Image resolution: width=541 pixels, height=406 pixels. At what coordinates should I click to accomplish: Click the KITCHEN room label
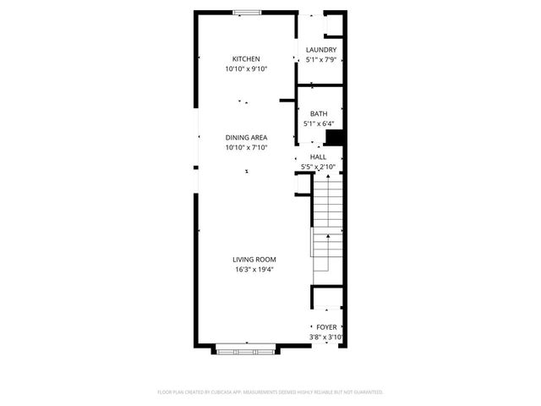click(x=246, y=58)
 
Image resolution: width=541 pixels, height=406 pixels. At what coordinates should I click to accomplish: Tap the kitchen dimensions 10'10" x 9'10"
click(x=246, y=69)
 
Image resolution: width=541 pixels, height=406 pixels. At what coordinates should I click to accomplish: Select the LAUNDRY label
click(x=320, y=50)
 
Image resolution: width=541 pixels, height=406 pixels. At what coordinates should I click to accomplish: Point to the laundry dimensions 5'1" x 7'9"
click(x=320, y=60)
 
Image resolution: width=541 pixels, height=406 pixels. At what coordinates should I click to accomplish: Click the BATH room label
click(x=319, y=114)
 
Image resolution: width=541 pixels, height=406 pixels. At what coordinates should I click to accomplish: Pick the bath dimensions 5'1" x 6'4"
click(x=319, y=124)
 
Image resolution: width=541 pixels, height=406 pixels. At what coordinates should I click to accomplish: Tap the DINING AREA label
click(x=246, y=137)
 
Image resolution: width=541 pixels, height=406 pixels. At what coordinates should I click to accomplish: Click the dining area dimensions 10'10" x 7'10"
click(x=246, y=147)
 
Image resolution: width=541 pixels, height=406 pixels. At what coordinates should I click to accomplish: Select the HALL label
click(x=318, y=156)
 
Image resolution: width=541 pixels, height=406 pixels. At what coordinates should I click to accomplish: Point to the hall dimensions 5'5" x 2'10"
click(x=320, y=167)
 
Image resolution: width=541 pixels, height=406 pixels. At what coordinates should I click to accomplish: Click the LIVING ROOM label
click(x=254, y=260)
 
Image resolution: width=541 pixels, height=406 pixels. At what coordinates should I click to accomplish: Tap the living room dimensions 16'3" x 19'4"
click(x=254, y=270)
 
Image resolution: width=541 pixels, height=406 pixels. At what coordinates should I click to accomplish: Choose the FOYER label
click(x=325, y=326)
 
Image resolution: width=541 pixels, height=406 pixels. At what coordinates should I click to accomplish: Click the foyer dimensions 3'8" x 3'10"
click(x=325, y=337)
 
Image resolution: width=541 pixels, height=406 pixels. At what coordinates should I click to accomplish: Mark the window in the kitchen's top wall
click(x=247, y=12)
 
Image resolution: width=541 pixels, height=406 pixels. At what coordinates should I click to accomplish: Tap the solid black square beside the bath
click(x=334, y=139)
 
